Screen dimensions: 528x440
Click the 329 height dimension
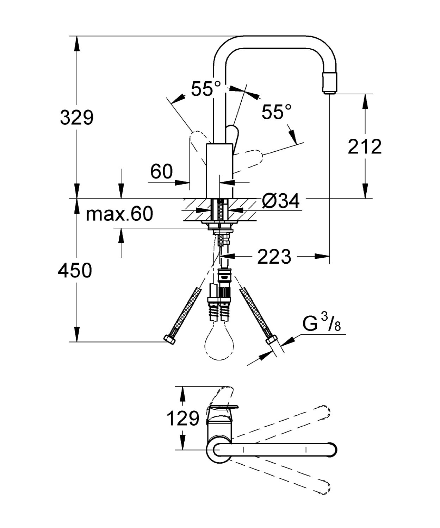click(x=76, y=118)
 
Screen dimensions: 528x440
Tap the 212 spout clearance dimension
click(x=365, y=146)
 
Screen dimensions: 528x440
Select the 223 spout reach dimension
click(x=274, y=257)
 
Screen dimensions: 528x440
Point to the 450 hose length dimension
click(x=75, y=270)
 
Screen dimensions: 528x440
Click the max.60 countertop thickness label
click(x=119, y=214)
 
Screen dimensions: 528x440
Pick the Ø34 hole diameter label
click(x=281, y=201)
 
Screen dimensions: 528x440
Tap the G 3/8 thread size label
click(x=321, y=324)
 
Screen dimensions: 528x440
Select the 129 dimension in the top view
click(x=183, y=419)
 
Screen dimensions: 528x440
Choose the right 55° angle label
click(x=277, y=112)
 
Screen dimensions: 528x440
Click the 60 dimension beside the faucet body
click(x=162, y=172)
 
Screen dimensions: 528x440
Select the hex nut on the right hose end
click(x=271, y=340)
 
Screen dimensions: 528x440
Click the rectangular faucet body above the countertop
click(x=219, y=170)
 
